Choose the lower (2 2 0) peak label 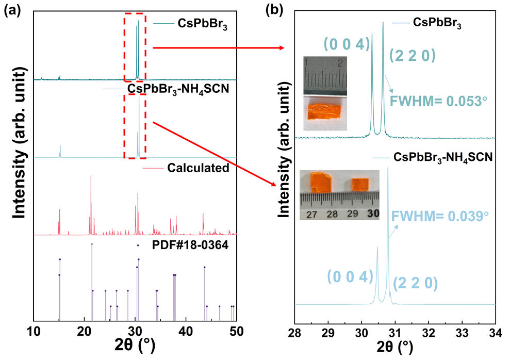[x=416, y=283]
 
